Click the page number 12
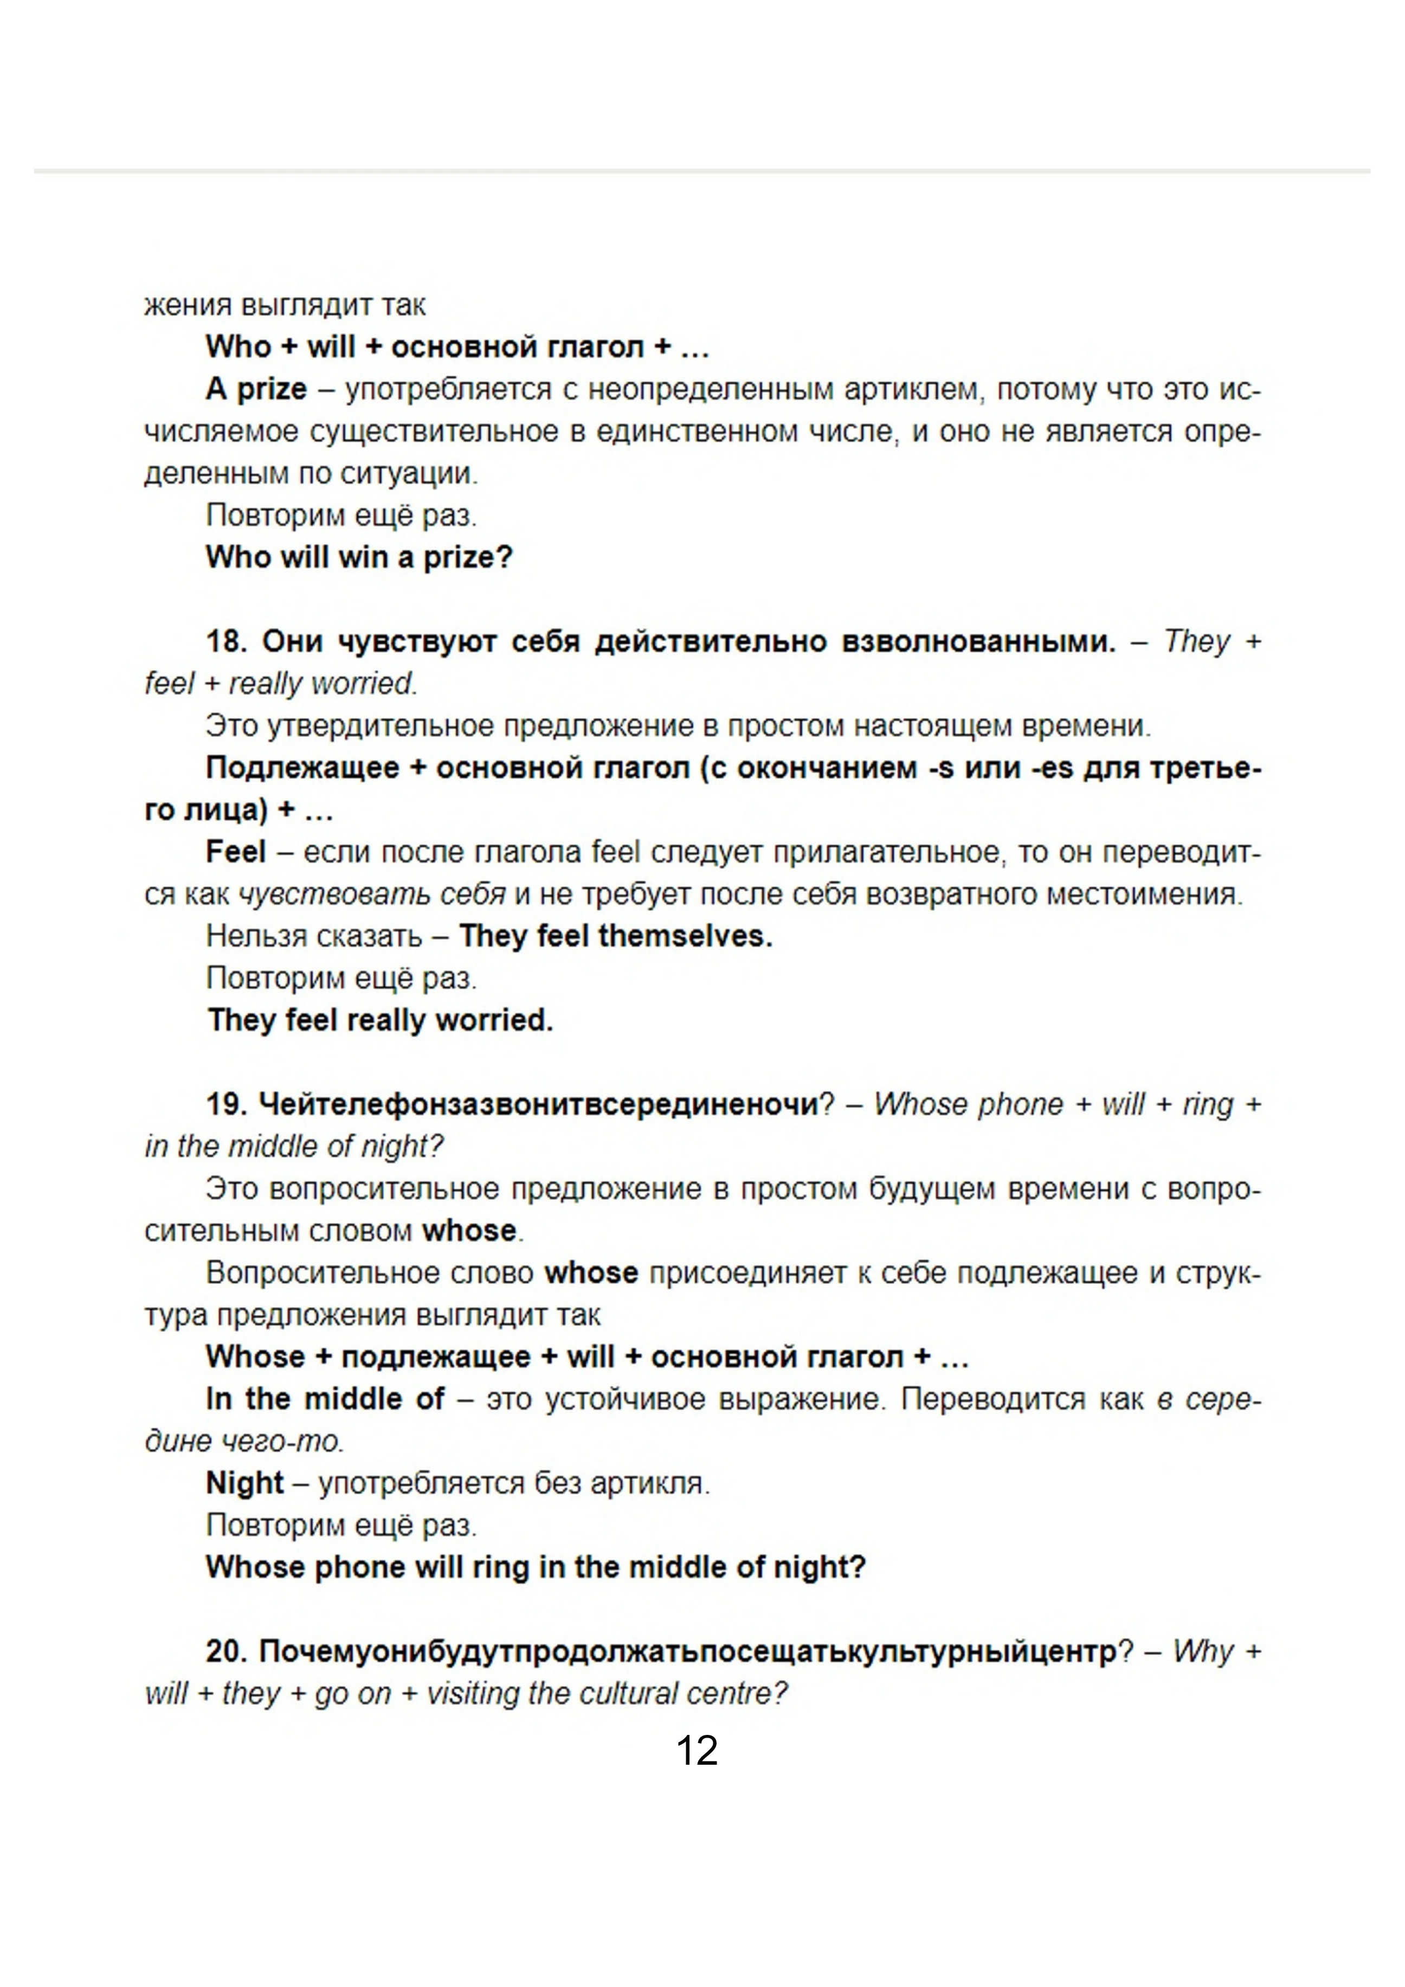[x=697, y=1750]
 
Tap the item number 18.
[x=227, y=641]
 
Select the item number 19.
[x=227, y=1104]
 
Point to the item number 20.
[x=227, y=1651]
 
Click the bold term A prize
[x=256, y=389]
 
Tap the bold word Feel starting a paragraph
[x=235, y=852]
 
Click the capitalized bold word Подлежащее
[x=302, y=768]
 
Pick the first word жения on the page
[x=188, y=305]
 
